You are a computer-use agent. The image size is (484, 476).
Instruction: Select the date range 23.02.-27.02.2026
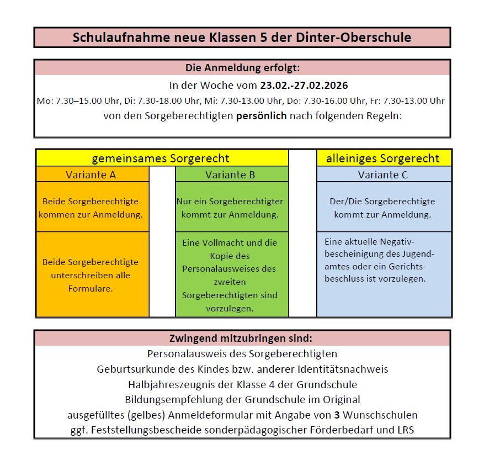304,86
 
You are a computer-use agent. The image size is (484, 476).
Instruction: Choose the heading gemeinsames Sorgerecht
161,158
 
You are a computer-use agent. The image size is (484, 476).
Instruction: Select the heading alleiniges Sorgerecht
383,158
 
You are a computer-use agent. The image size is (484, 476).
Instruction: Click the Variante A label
92,175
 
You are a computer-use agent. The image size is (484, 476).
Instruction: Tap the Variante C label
383,175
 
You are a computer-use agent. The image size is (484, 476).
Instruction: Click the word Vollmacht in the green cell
220,242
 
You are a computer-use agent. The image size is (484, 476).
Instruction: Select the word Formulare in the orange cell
92,288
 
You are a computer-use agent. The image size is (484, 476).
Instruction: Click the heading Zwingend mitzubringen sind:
241,338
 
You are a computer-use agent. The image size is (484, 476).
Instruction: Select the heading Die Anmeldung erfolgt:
242,68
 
